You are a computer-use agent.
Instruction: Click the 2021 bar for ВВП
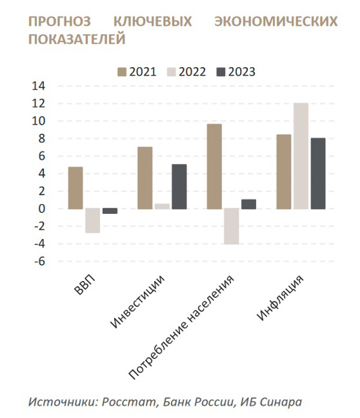tap(75, 188)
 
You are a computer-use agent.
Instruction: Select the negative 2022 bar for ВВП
tap(92, 220)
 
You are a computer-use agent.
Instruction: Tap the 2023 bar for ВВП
tap(110, 211)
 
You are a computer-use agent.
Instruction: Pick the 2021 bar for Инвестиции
tap(145, 178)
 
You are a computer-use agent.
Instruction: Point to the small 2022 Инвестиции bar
tap(162, 206)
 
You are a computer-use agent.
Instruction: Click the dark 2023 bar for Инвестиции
tap(179, 187)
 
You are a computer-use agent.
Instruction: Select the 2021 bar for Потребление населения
tap(214, 166)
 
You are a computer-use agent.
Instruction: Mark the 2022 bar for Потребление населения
tap(232, 226)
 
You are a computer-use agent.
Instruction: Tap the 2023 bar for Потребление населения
tap(248, 204)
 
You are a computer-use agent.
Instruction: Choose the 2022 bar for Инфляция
tap(301, 156)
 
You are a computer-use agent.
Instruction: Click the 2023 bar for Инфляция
tap(318, 174)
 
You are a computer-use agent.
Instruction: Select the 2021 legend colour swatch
tap(122, 71)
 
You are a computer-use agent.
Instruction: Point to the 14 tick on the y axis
tap(39, 86)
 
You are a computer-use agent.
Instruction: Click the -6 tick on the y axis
tap(39, 262)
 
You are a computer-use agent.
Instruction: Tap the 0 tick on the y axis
tap(42, 209)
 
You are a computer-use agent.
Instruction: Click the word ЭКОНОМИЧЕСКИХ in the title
tap(275, 22)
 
